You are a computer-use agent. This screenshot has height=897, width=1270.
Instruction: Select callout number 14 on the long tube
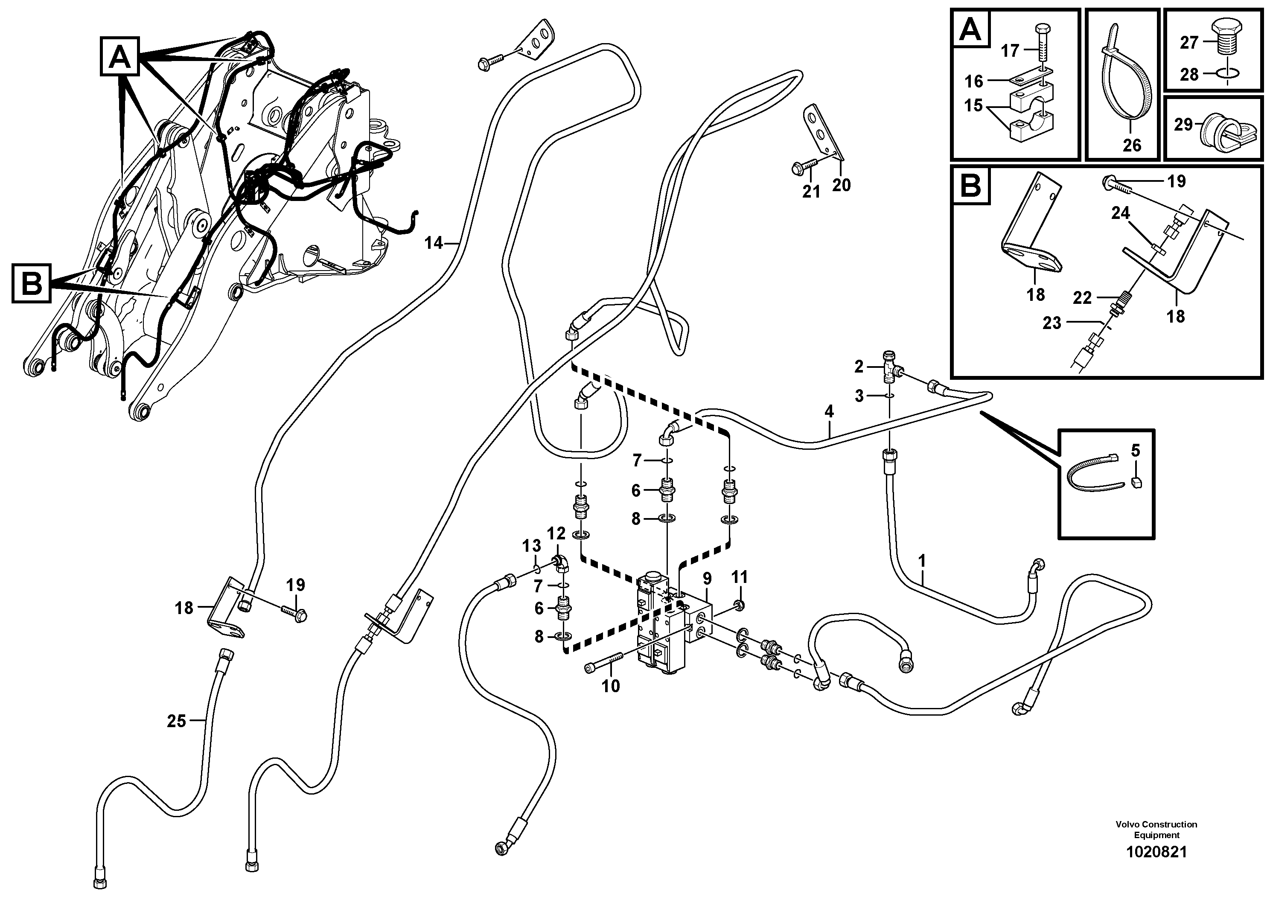434,243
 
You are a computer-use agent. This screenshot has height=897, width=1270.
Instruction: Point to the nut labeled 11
740,603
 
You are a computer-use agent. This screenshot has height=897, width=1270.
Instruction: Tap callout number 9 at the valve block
707,579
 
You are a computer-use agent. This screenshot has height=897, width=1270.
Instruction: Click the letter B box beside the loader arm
32,284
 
